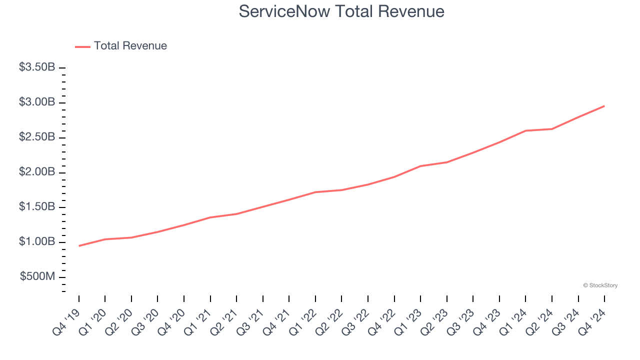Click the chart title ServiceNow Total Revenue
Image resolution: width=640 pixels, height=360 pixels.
[x=341, y=11]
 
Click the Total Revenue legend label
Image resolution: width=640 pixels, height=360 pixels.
[x=130, y=46]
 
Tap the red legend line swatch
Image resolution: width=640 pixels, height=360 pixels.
[x=82, y=46]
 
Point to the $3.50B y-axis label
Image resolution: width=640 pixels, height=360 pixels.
[x=37, y=67]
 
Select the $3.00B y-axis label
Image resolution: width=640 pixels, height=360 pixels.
[x=37, y=102]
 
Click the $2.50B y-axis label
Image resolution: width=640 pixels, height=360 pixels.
[x=37, y=137]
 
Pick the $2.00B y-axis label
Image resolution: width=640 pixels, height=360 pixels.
[x=37, y=172]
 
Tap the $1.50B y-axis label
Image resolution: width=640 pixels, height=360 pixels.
[x=37, y=207]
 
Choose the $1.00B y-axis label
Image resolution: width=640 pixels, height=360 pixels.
[x=37, y=242]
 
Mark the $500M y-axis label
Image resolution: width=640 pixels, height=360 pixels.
[x=37, y=277]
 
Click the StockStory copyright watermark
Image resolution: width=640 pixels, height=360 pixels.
[x=600, y=285]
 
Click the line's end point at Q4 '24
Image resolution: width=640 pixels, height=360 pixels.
[x=604, y=106]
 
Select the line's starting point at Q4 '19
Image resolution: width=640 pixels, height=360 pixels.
[x=79, y=246]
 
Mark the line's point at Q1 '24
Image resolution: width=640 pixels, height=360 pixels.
[x=525, y=130]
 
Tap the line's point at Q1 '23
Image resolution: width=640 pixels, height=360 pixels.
[x=420, y=166]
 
